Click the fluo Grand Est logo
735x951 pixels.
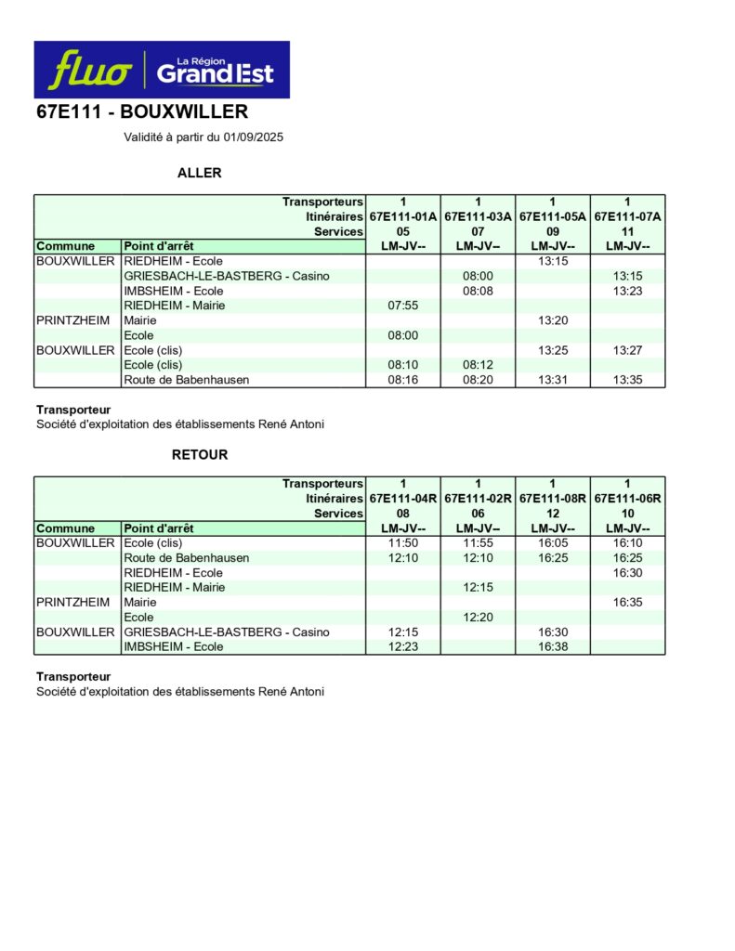click(162, 70)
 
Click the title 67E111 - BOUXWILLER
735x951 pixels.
click(141, 113)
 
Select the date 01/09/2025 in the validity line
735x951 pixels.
click(253, 137)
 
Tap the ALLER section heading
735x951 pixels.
click(199, 173)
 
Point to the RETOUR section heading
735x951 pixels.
click(199, 455)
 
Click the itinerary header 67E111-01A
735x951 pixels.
click(403, 216)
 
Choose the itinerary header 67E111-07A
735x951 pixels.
click(627, 216)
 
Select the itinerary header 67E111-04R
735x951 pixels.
click(403, 499)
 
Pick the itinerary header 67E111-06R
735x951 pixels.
click(627, 499)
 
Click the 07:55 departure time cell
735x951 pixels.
click(403, 306)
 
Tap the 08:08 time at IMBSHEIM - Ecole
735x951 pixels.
click(478, 291)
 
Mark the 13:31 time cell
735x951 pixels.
click(553, 380)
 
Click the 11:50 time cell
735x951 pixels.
click(403, 543)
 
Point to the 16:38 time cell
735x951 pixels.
click(553, 647)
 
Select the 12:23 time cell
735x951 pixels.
click(403, 647)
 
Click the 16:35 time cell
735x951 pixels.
click(627, 603)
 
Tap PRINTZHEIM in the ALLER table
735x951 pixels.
click(72, 320)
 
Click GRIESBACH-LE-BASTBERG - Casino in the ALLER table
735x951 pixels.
click(226, 276)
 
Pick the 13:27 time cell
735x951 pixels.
click(627, 350)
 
